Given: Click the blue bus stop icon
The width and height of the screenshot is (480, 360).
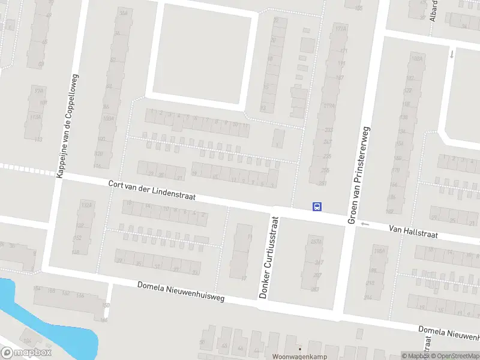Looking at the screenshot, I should pyautogui.click(x=316, y=207).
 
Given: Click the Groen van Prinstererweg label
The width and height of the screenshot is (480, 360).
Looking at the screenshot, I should pyautogui.click(x=359, y=175).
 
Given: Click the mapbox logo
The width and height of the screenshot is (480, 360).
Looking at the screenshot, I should pyautogui.click(x=26, y=353).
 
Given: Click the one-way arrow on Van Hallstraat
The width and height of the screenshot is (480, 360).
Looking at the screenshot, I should pyautogui.click(x=364, y=224).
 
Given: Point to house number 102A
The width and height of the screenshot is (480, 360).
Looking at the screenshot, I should pyautogui.click(x=416, y=58).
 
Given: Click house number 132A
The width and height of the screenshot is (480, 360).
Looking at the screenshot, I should pyautogui.click(x=87, y=205).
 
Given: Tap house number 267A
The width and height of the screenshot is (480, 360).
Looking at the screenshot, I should pyautogui.click(x=316, y=242).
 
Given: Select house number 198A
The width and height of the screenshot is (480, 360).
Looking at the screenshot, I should pyautogui.click(x=378, y=251).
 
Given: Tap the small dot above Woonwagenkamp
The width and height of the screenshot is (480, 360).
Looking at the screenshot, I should pyautogui.click(x=299, y=348).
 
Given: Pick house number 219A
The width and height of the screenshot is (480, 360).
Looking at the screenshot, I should pyautogui.click(x=329, y=107).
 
